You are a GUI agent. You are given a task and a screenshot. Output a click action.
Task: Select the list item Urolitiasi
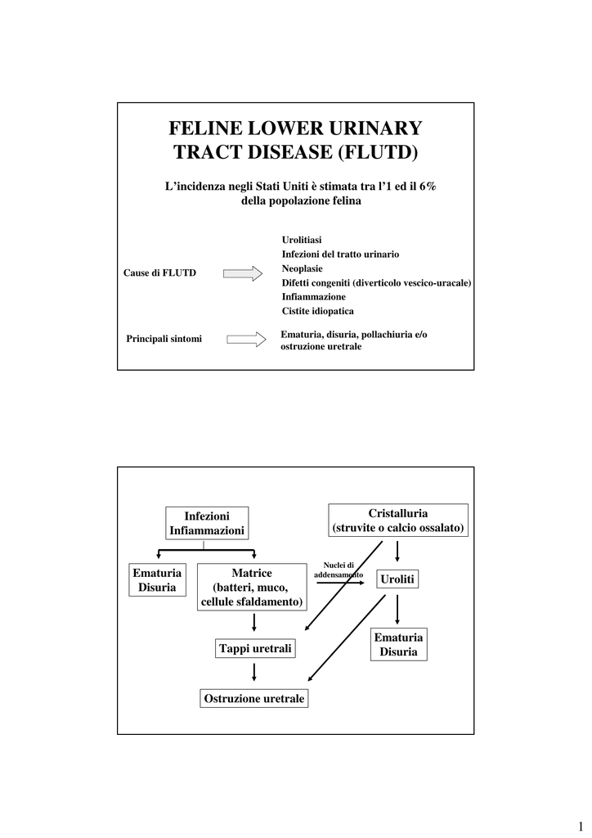(302, 239)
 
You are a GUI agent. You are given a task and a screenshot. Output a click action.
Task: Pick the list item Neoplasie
(302, 268)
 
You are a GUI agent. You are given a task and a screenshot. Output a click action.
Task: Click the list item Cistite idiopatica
(318, 311)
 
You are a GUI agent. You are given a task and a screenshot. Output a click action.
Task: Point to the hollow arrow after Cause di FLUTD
(243, 273)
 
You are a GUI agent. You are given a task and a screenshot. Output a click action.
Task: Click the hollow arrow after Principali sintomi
(246, 339)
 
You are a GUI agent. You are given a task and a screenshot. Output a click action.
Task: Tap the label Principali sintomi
(164, 339)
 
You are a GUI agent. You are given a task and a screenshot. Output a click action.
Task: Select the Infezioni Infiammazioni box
(207, 524)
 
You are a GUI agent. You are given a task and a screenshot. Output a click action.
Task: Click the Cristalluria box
(398, 520)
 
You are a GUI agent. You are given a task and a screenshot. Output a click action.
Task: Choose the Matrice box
(251, 588)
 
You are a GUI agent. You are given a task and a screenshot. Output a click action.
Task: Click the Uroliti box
(397, 579)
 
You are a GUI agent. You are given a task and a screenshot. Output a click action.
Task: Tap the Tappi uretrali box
(255, 649)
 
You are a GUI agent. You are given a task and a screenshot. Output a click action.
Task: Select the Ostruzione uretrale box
(253, 699)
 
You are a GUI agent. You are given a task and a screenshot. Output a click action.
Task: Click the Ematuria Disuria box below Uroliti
(398, 645)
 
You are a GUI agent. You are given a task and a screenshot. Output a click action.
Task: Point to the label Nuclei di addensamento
(339, 570)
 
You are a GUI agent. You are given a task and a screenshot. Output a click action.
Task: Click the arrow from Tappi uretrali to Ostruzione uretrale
(255, 673)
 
